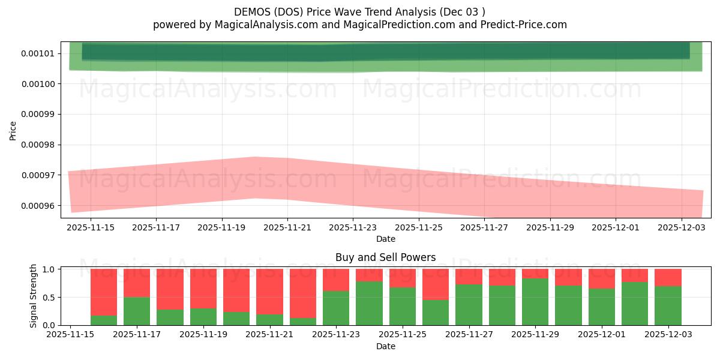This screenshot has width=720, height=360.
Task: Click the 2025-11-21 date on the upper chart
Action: [x=287, y=227]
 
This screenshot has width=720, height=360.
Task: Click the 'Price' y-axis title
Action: [x=13, y=130]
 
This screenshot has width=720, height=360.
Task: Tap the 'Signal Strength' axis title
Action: [x=34, y=296]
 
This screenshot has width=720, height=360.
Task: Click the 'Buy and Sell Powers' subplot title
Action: [x=385, y=257]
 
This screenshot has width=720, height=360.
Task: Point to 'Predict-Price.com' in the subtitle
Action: [x=523, y=25]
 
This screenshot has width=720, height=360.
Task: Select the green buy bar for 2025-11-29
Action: [x=535, y=302]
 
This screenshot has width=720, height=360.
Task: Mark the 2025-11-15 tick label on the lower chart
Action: [x=71, y=335]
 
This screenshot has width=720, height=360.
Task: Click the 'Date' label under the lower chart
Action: [x=385, y=346]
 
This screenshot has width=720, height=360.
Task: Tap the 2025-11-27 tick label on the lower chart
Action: [x=469, y=335]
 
